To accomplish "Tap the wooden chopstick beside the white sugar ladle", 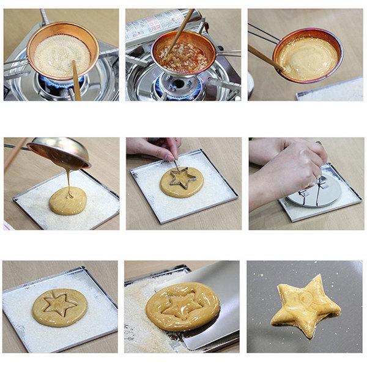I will click(x=76, y=80).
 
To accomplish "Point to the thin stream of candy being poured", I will click(x=69, y=180).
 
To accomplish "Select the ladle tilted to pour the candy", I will click(x=58, y=153).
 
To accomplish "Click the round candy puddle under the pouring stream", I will click(x=68, y=201).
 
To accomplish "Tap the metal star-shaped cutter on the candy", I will click(x=182, y=179).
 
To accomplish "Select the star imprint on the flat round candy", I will click(x=59, y=304).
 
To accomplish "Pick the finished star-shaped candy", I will click(x=305, y=306).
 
